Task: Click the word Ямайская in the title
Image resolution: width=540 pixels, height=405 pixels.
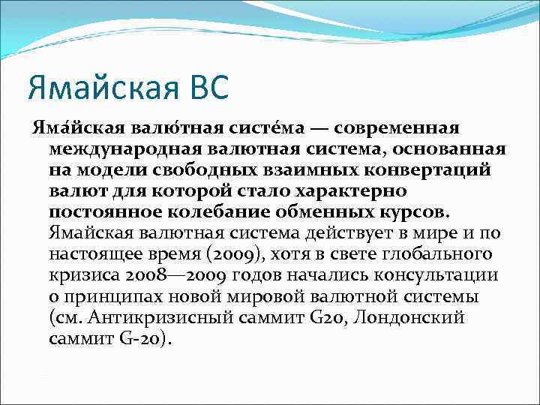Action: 95,86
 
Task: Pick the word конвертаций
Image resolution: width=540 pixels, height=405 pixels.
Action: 427,169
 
